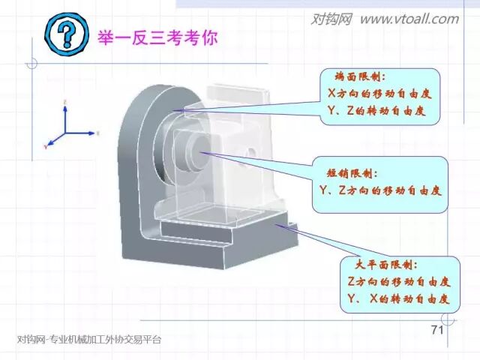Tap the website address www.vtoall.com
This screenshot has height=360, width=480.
(409, 19)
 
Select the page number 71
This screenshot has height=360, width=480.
(439, 331)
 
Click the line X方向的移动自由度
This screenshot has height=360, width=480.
(380, 94)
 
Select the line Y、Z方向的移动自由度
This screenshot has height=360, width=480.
(380, 190)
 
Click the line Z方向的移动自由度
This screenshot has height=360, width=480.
(398, 282)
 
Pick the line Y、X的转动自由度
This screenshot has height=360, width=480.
(398, 298)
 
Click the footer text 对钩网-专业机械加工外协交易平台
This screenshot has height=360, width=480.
(88, 340)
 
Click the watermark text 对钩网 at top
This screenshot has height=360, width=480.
(331, 19)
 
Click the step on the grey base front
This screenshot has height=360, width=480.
(195, 240)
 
